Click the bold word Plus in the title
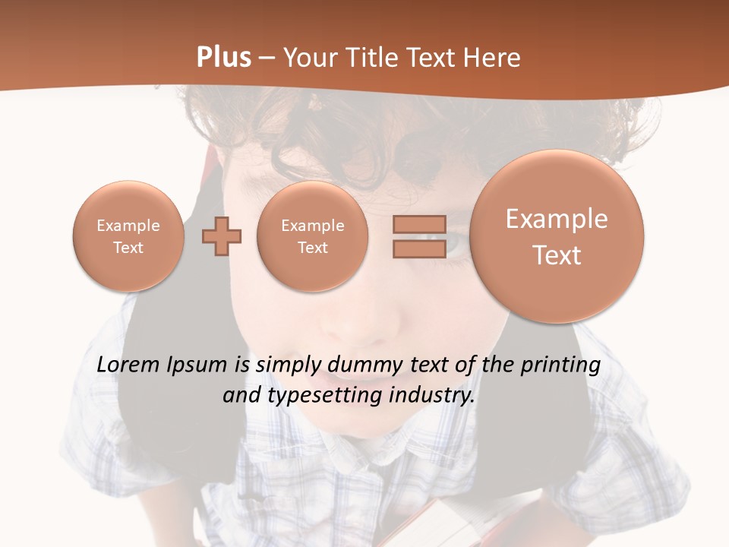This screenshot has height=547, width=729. point(223,58)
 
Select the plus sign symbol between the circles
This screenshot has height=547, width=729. point(222,236)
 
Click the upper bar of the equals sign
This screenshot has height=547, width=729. point(418,224)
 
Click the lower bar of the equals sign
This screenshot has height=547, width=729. point(418,248)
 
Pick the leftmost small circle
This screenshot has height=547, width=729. point(128,236)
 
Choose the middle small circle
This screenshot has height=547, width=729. point(312,236)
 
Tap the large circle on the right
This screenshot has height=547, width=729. point(557,236)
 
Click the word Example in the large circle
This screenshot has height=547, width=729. point(557,219)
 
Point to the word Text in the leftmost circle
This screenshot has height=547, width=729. point(128,248)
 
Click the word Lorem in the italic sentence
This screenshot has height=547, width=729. point(128,365)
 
